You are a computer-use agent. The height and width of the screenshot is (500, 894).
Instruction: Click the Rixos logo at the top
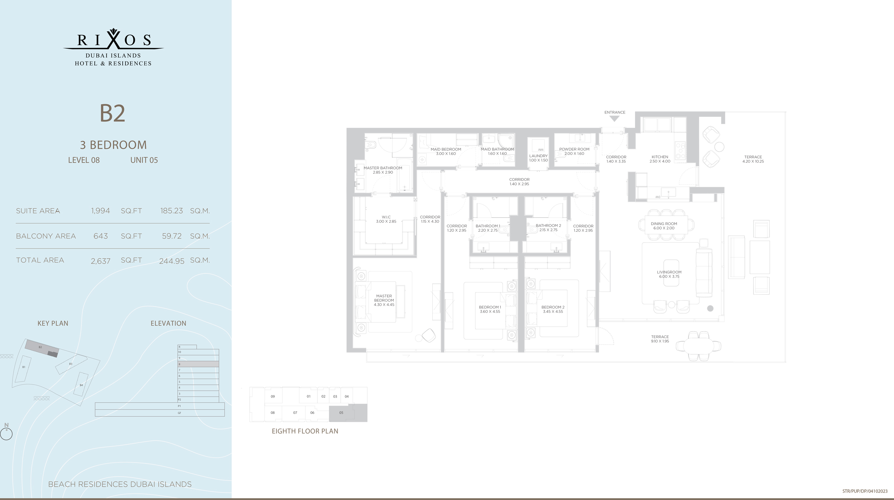[113, 47]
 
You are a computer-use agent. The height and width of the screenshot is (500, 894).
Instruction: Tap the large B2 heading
[112, 114]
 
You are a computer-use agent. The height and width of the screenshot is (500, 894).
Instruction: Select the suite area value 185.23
[172, 211]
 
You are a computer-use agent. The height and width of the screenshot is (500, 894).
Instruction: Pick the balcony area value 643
[100, 236]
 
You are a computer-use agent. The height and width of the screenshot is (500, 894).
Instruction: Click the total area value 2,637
[100, 261]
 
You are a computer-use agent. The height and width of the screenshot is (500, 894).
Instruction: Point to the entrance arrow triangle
[614, 119]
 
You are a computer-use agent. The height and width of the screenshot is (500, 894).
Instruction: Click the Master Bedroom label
[384, 300]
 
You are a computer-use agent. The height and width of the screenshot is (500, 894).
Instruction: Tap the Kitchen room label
[660, 159]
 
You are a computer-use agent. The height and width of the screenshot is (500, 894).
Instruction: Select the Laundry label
[538, 158]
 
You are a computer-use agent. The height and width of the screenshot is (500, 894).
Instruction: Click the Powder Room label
[574, 151]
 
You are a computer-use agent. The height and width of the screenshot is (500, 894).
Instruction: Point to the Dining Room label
[664, 226]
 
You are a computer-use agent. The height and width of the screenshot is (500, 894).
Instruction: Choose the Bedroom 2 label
[553, 309]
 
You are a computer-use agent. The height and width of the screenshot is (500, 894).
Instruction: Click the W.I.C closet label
[386, 219]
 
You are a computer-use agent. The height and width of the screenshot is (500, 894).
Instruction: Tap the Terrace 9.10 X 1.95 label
[660, 339]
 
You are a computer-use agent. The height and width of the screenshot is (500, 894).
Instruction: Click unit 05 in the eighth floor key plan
[341, 412]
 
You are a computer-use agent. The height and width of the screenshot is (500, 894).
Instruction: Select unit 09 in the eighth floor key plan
[273, 396]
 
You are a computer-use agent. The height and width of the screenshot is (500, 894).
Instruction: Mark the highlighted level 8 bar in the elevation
[198, 364]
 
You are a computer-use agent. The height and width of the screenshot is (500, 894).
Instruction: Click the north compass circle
[6, 434]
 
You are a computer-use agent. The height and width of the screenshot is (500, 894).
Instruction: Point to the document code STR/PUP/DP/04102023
[865, 491]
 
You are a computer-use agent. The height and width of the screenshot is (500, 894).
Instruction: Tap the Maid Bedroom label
[446, 151]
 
